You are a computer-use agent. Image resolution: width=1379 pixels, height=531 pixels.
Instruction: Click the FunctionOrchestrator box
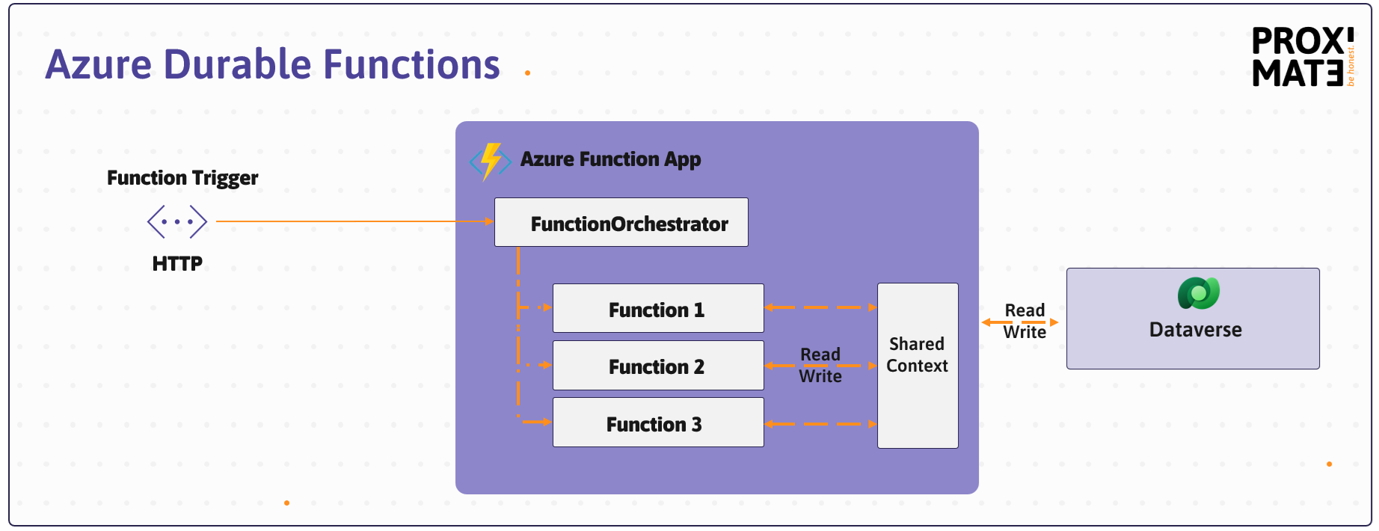point(621,223)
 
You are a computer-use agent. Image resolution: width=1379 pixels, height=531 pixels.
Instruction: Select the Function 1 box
point(657,309)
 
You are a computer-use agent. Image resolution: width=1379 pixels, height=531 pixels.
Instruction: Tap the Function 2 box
point(657,366)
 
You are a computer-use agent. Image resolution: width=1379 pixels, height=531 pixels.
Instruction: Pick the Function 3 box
point(657,423)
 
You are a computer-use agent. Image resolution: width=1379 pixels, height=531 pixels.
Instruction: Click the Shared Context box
point(918,366)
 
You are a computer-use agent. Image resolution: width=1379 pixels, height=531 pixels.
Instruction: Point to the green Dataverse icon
point(1198,293)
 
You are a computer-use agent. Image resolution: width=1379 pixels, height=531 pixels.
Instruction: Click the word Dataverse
point(1195,330)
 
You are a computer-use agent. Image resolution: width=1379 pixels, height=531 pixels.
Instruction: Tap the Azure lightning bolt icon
point(491,161)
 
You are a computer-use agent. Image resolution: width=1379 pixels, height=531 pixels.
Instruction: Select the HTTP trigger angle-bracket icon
point(177,221)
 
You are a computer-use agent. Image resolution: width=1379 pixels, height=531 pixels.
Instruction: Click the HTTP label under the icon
point(177,263)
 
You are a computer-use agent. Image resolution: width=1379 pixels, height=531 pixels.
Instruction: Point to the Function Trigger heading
point(182,178)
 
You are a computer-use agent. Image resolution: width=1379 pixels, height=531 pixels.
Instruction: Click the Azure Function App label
point(610,159)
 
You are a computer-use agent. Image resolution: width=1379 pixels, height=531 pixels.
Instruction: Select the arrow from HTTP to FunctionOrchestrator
point(351,221)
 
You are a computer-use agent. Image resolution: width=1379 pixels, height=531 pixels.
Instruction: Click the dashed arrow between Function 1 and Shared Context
point(820,307)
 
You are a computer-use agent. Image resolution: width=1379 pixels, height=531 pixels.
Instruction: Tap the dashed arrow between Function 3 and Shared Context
point(820,424)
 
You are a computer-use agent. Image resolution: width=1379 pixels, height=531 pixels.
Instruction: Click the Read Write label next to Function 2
point(820,365)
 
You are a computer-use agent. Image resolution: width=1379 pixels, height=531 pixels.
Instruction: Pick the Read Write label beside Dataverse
point(1024,321)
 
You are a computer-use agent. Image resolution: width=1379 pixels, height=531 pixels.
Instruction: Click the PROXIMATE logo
point(1302,58)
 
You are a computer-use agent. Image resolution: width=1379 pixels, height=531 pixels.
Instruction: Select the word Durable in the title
point(237,64)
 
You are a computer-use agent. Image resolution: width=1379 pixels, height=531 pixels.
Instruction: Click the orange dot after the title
point(527,73)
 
